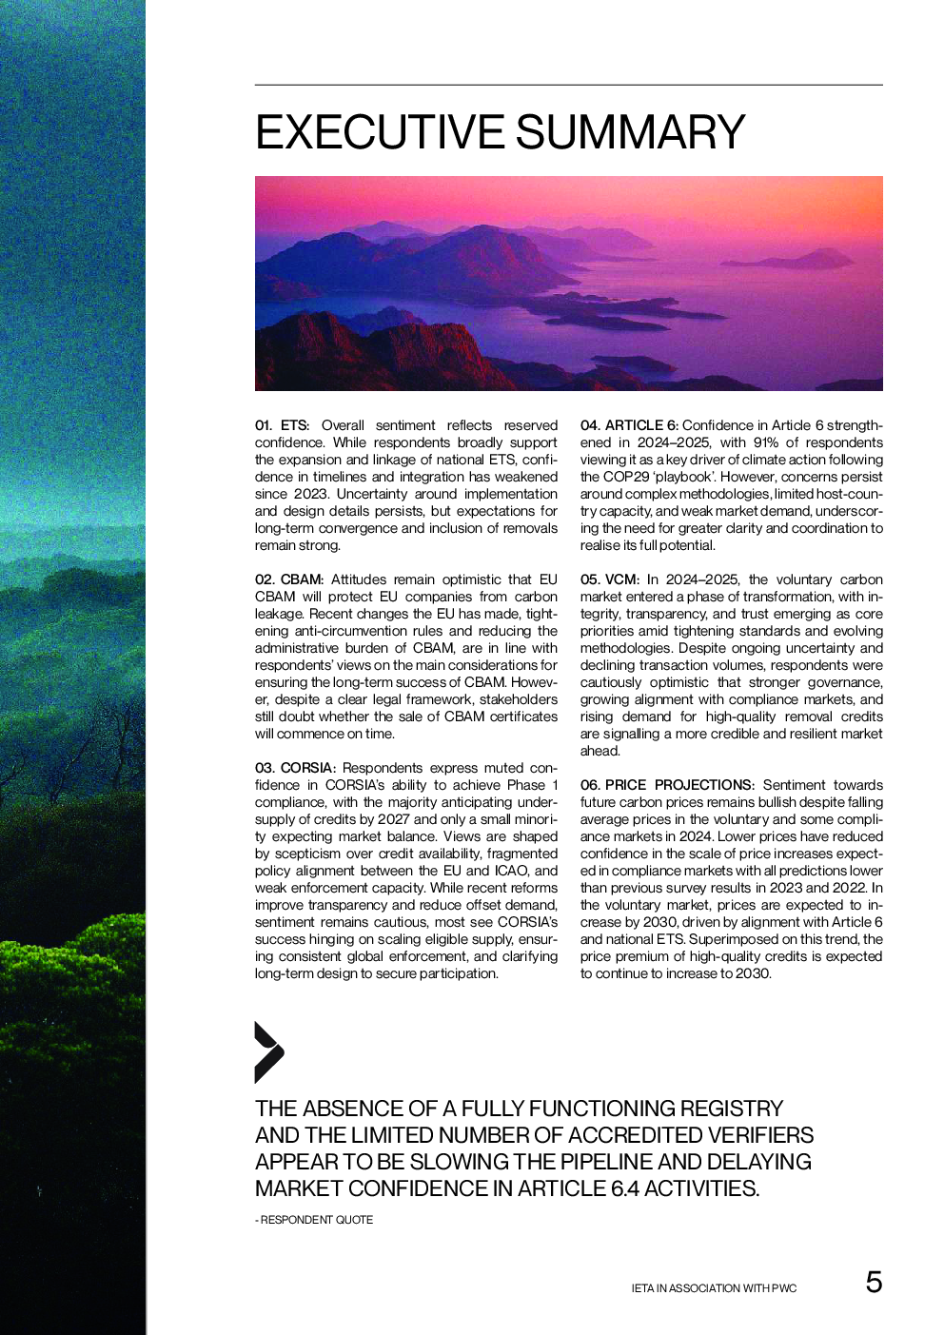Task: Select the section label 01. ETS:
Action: tap(282, 425)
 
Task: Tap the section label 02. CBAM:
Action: tap(289, 579)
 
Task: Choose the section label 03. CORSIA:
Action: tap(295, 768)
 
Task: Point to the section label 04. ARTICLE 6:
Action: tap(629, 425)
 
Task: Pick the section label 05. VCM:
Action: tap(610, 579)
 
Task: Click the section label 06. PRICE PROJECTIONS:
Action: tap(667, 785)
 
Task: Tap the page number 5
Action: tap(874, 1282)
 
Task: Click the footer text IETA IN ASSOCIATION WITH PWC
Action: tap(714, 1288)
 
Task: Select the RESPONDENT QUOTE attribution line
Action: tap(314, 1220)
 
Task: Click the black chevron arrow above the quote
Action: tap(268, 1052)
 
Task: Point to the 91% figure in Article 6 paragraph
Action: tap(766, 442)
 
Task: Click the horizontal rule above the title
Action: tap(568, 85)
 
